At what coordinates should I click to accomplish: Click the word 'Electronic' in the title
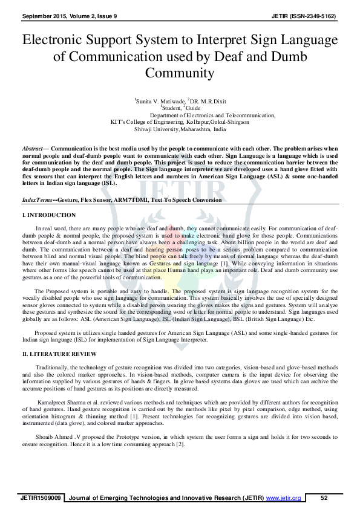(x=55, y=42)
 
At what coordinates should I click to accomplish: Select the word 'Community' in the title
(x=180, y=73)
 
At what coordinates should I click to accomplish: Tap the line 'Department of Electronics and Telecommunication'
(x=212, y=115)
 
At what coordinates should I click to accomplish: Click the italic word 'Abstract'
(x=32, y=148)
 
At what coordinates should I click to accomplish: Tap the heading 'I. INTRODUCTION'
(x=48, y=215)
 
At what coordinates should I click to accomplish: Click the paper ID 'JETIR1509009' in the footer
(x=40, y=498)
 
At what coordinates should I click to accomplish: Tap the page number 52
(x=324, y=498)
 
